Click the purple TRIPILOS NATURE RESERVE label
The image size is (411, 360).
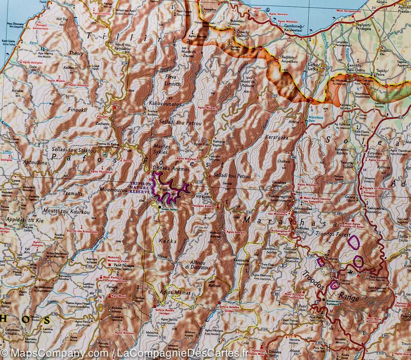(139, 188)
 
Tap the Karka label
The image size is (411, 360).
(168, 241)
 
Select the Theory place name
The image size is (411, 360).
(76, 53)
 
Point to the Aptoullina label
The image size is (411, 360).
(35, 163)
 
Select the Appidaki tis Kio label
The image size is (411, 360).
(23, 220)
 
